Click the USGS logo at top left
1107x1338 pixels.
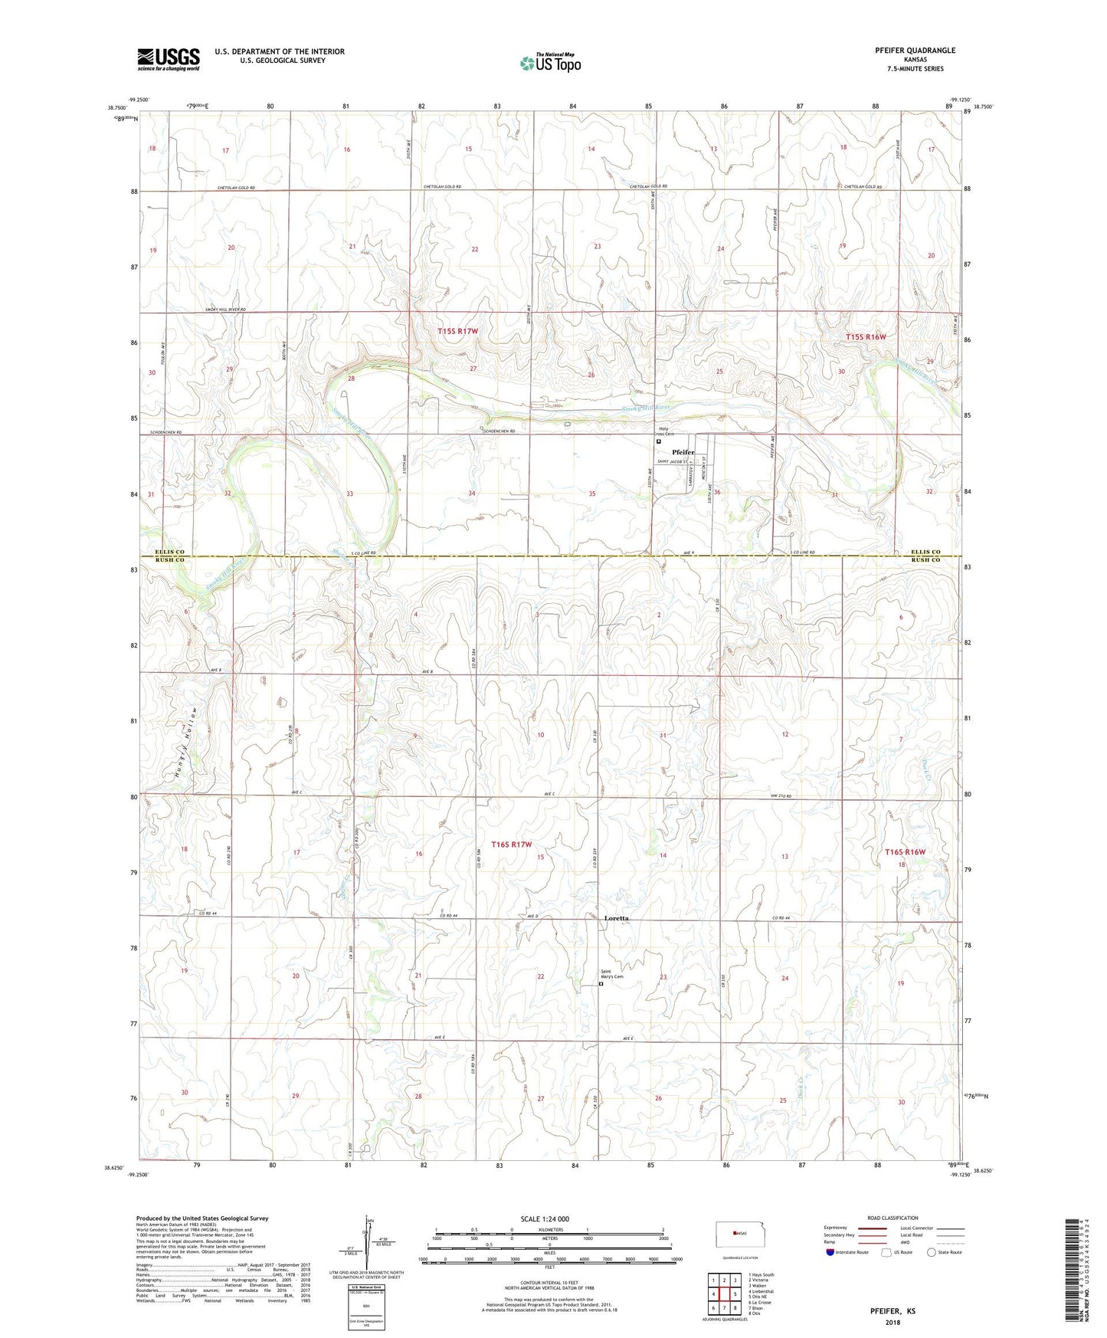point(168,58)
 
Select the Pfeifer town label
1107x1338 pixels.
point(683,452)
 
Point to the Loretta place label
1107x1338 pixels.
point(616,917)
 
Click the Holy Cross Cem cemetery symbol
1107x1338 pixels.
point(658,441)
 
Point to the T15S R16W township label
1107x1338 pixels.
point(866,336)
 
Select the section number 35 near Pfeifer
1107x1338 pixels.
point(592,494)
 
